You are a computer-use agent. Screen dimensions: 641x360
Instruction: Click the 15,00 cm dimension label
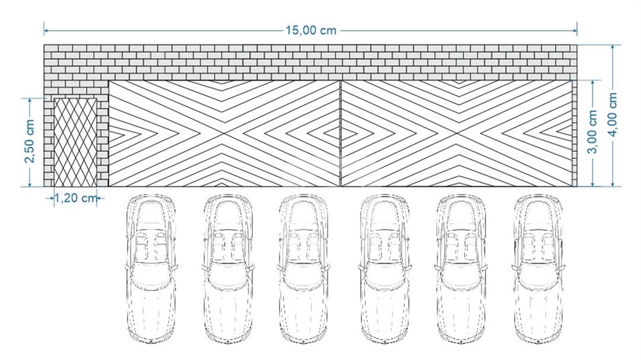[x=310, y=30]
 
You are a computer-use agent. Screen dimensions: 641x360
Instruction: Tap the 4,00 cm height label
[x=613, y=116]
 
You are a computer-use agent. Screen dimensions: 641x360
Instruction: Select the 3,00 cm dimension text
[x=592, y=132]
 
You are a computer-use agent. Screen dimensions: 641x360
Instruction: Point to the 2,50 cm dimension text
[x=30, y=141]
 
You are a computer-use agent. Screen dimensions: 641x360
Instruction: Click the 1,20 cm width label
[x=75, y=198]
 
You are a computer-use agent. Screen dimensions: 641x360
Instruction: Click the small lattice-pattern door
[x=75, y=142]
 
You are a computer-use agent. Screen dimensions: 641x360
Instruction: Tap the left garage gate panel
[x=224, y=133]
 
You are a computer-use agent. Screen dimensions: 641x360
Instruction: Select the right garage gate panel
[x=456, y=133]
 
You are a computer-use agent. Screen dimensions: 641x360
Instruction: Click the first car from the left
[x=151, y=269]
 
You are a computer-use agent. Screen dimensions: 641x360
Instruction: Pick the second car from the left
[x=228, y=269]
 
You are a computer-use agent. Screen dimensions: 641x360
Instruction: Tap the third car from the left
[x=303, y=269]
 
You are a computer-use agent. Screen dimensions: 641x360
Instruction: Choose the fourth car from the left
[x=384, y=269]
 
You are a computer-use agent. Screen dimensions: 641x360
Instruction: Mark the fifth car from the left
[x=461, y=269]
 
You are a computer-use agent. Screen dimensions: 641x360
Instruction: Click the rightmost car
[x=538, y=269]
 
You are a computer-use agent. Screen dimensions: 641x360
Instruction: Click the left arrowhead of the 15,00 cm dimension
[x=47, y=30]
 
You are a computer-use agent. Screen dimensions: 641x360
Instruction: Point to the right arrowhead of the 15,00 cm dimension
[x=574, y=30]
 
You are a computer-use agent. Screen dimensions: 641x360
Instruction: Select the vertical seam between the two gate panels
[x=341, y=133]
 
